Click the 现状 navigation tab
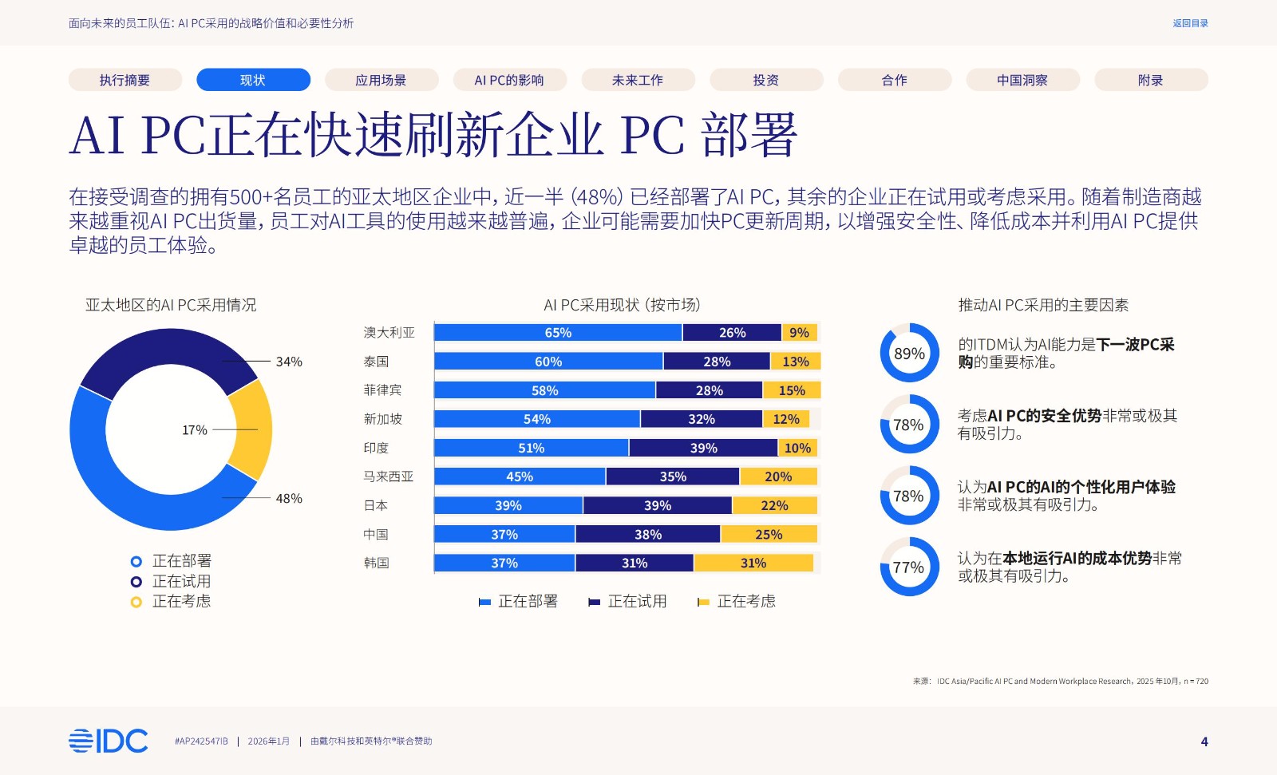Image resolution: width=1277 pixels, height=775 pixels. tap(253, 80)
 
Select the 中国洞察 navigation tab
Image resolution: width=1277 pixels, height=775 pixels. tap(1022, 80)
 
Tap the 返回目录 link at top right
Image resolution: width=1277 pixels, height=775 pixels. tap(1190, 23)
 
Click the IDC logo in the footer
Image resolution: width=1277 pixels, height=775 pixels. tap(109, 741)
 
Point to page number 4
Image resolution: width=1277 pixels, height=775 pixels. tap(1204, 741)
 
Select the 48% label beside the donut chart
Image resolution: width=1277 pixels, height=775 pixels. tap(289, 498)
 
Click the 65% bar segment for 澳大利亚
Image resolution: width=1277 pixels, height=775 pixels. tap(558, 333)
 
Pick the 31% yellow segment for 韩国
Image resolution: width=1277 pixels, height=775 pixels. tap(753, 563)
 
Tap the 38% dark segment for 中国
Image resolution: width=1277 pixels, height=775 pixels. tap(648, 534)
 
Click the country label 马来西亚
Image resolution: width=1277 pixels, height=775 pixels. tap(389, 476)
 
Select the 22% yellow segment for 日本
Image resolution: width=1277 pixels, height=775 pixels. tap(774, 505)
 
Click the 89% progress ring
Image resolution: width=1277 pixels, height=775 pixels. tap(909, 353)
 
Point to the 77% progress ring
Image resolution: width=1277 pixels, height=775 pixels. tap(909, 567)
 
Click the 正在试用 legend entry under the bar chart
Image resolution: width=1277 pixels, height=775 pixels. tap(627, 601)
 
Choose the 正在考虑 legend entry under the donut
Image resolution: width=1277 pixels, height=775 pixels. tap(172, 601)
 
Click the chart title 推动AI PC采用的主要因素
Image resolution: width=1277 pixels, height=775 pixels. tap(1043, 305)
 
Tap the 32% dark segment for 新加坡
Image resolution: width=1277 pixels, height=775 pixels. tap(702, 419)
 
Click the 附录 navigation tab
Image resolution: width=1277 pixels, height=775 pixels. tap(1151, 80)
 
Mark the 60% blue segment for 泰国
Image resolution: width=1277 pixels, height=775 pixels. tap(548, 362)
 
